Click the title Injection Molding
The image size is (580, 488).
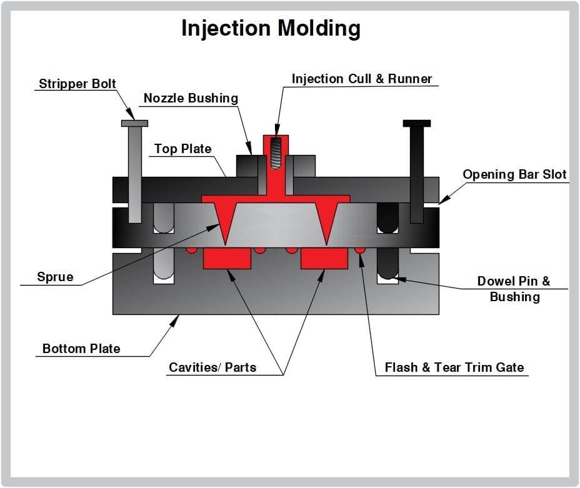pyautogui.click(x=271, y=29)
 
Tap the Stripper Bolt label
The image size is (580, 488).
pyautogui.click(x=77, y=84)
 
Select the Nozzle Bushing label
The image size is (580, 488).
pyautogui.click(x=191, y=98)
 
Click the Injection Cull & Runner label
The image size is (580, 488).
pyautogui.click(x=362, y=79)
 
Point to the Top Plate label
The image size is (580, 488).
pyautogui.click(x=183, y=149)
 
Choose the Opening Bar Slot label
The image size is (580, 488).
pyautogui.click(x=514, y=174)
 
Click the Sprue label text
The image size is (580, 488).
pyautogui.click(x=55, y=277)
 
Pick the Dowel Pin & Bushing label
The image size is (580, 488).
pyautogui.click(x=514, y=289)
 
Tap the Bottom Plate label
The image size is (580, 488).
pyautogui.click(x=81, y=349)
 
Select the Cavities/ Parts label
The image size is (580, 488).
pyautogui.click(x=212, y=367)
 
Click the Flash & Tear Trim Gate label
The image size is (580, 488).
pyautogui.click(x=454, y=367)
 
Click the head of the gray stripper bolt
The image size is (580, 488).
pyautogui.click(x=134, y=123)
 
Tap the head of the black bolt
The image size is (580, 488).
pyautogui.click(x=417, y=123)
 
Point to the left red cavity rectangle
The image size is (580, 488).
pyautogui.click(x=227, y=258)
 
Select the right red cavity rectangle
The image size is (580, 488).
pyautogui.click(x=324, y=258)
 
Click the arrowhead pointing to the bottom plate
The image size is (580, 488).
pyautogui.click(x=176, y=319)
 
